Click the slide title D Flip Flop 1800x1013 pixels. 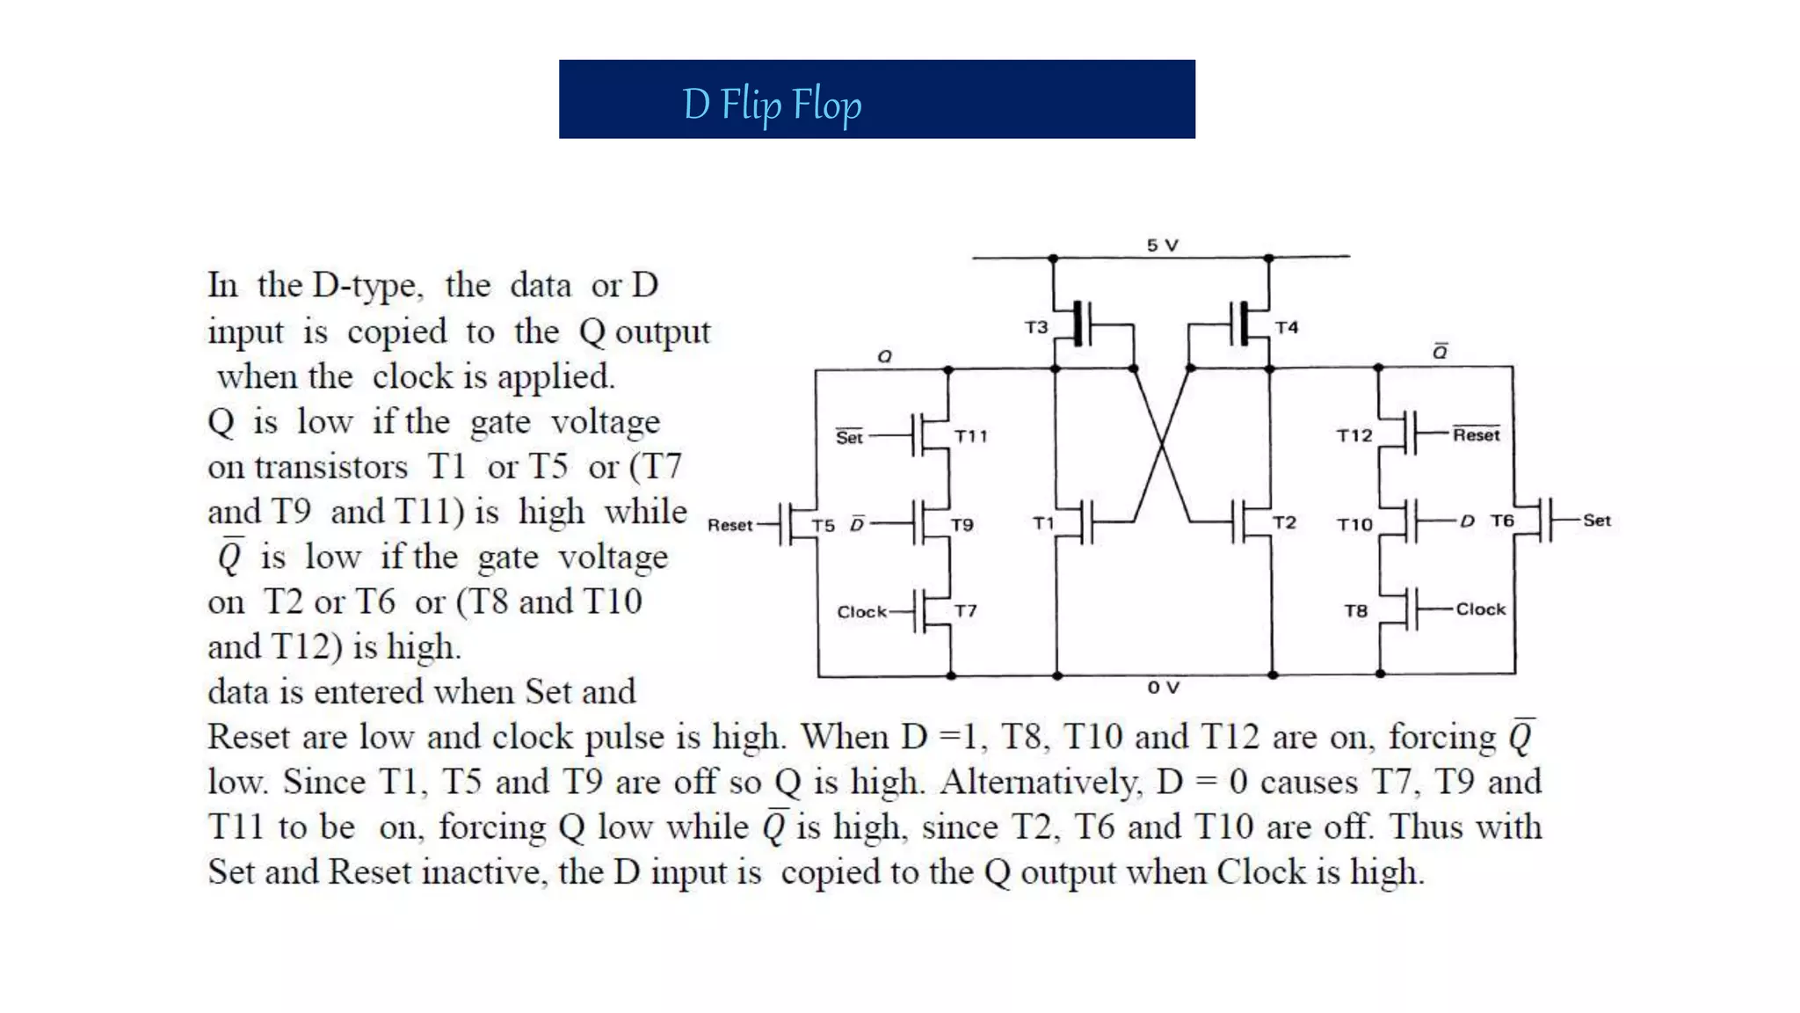[x=772, y=105]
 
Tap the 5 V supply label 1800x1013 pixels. [x=1162, y=245]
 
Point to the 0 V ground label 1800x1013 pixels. [x=1163, y=688]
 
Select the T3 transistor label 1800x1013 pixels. [x=1036, y=327]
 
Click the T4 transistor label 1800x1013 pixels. [x=1286, y=327]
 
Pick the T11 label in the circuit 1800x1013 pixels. [x=970, y=436]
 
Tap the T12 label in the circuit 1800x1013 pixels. [x=1354, y=435]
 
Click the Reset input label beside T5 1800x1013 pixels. [x=729, y=525]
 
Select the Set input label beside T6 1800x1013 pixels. [x=1596, y=521]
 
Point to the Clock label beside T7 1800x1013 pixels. [x=861, y=612]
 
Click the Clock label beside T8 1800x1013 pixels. [x=1480, y=609]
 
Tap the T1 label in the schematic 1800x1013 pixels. [x=1042, y=523]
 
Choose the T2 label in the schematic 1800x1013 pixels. [x=1284, y=522]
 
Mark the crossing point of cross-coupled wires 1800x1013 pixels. [x=1162, y=444]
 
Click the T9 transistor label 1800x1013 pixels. [x=962, y=525]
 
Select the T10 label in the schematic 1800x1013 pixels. [x=1354, y=525]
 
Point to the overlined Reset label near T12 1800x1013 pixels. [x=1476, y=435]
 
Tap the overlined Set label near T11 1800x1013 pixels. [x=849, y=437]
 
